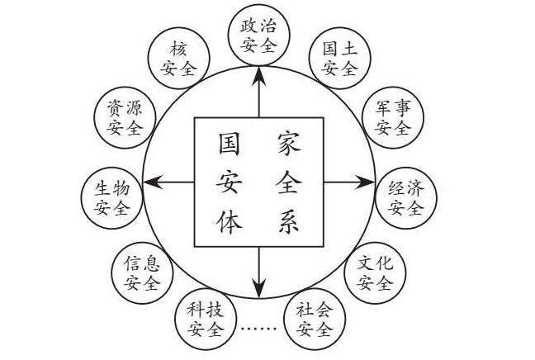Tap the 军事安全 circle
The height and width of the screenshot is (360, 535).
pos(392,117)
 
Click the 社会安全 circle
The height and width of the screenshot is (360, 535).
pos(314,318)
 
